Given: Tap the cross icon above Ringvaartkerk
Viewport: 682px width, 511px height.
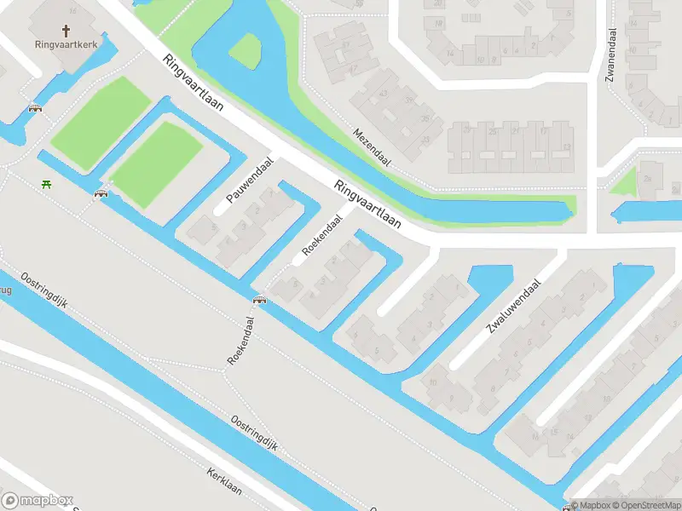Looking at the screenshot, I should (66, 30).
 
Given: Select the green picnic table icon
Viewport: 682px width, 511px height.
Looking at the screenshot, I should (44, 184).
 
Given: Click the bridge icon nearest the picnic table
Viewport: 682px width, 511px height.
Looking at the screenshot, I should (101, 194).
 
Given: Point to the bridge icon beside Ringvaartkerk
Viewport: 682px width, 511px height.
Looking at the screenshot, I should (35, 108).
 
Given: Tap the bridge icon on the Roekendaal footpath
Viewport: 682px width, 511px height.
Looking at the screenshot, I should (259, 300).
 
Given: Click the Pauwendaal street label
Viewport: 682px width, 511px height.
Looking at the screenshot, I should (249, 180).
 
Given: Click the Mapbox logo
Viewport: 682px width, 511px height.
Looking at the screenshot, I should (37, 501).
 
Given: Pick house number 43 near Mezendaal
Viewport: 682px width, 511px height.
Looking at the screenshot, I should (384, 94).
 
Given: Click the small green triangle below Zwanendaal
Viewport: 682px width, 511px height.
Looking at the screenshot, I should (626, 181).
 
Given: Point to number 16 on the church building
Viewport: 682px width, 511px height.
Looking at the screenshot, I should (72, 10).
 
